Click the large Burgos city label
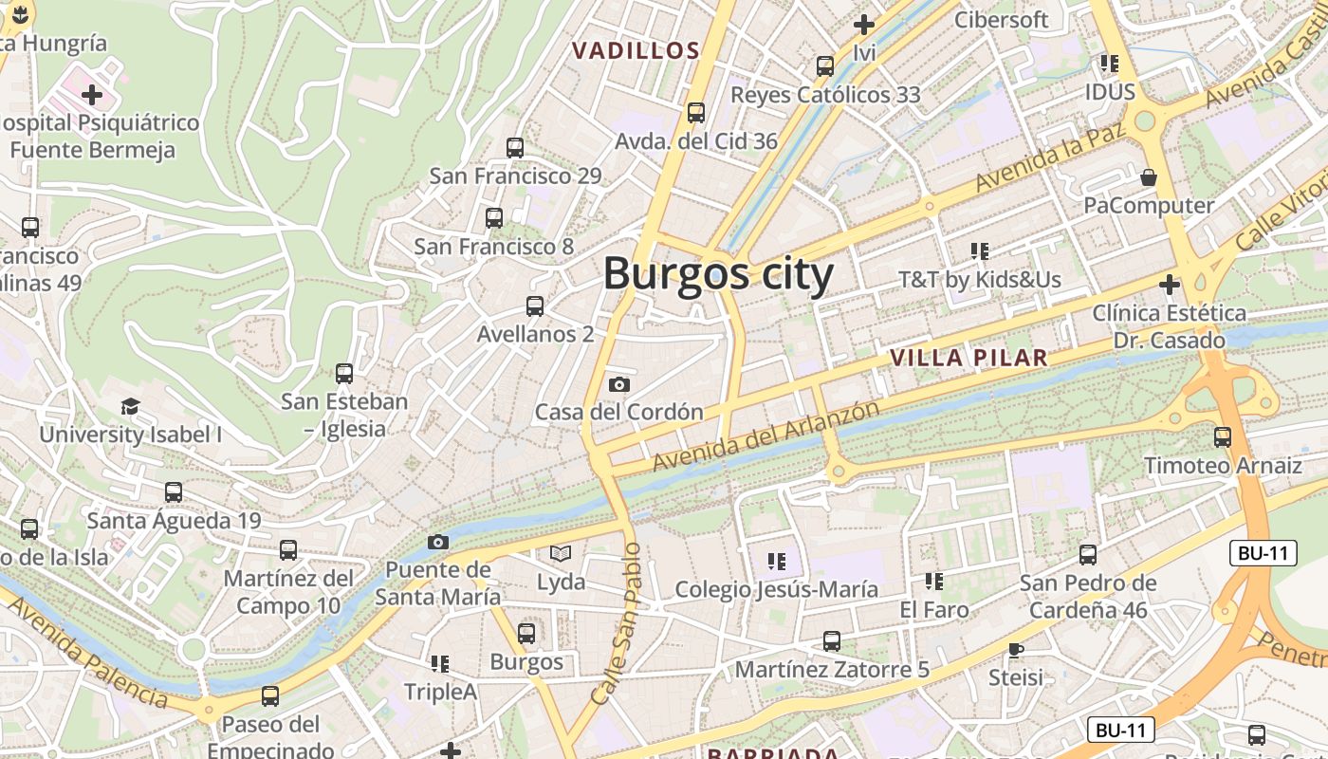click(x=718, y=274)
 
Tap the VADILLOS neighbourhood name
click(x=636, y=51)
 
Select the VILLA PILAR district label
click(x=969, y=358)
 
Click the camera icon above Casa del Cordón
click(x=619, y=384)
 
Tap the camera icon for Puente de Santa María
click(x=437, y=542)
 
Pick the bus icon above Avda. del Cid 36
click(x=696, y=113)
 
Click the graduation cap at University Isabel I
click(x=130, y=407)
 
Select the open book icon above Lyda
click(x=562, y=553)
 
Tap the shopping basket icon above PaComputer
click(x=1149, y=177)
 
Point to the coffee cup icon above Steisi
click(x=1016, y=650)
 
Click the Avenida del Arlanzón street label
click(x=766, y=435)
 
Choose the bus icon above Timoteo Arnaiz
click(x=1223, y=437)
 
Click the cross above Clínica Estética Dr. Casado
click(x=1169, y=285)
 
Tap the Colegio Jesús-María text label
click(x=776, y=589)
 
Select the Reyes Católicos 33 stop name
click(x=825, y=95)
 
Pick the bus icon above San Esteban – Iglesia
click(x=344, y=374)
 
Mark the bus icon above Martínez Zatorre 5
click(x=832, y=641)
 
